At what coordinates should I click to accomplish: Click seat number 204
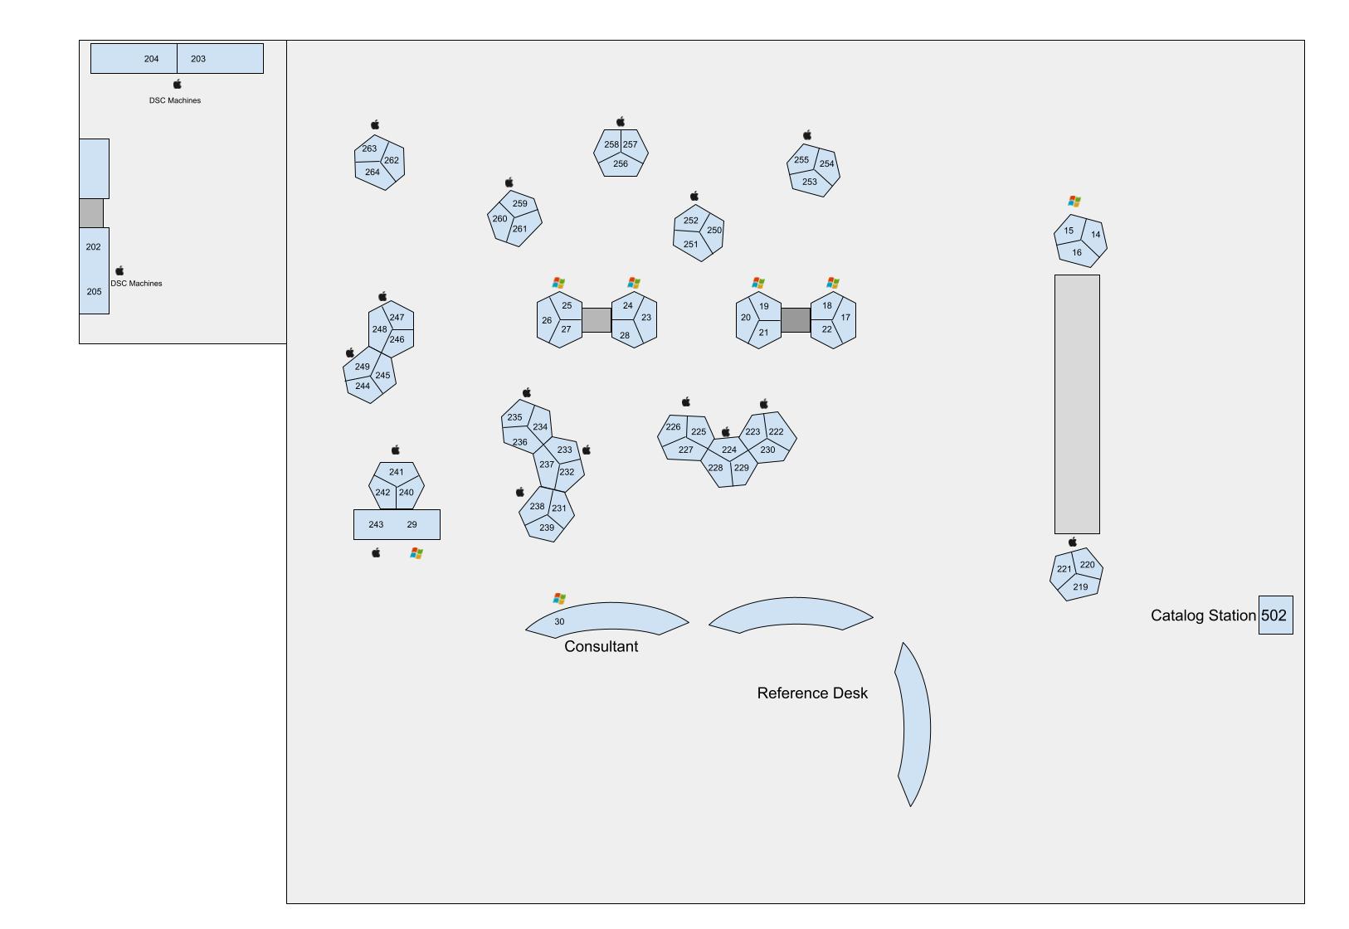point(151,59)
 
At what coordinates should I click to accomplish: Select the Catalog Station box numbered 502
point(1274,615)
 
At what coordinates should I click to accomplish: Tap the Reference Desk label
point(811,693)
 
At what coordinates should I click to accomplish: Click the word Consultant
point(601,647)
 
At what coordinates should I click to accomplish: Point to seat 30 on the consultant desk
point(559,622)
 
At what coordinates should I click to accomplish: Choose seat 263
point(369,149)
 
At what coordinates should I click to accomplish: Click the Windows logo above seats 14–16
point(1074,202)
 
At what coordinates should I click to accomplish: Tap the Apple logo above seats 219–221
point(1073,542)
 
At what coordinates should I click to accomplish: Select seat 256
point(621,164)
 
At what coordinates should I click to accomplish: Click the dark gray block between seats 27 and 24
point(597,320)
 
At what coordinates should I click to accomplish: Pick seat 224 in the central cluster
point(728,450)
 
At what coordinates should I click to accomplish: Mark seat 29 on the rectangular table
point(412,525)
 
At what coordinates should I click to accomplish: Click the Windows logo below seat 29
point(416,553)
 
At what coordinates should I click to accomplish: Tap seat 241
point(397,473)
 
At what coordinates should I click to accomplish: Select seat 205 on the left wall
point(94,292)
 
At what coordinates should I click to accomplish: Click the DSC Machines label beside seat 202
point(137,284)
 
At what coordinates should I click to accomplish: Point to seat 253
point(809,182)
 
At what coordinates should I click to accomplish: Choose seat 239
point(547,528)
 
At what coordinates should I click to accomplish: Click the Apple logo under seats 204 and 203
point(177,85)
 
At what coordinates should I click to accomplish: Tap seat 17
point(845,318)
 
